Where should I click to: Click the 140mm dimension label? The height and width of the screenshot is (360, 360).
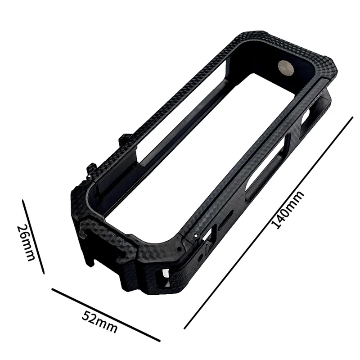coord(288,210)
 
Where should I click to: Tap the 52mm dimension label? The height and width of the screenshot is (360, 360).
coord(99,322)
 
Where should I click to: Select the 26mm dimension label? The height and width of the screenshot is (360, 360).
coord(26,243)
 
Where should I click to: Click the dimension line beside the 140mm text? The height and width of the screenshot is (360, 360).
coord(268,223)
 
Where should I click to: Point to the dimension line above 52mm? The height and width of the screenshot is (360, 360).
coord(106,315)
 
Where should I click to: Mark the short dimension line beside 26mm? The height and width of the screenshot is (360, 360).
coord(33,237)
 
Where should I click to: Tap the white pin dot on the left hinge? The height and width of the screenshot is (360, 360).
coord(89,176)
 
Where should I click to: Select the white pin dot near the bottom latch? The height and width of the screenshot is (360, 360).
coord(195,235)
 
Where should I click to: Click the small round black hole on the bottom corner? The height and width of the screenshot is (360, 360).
coord(180,249)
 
